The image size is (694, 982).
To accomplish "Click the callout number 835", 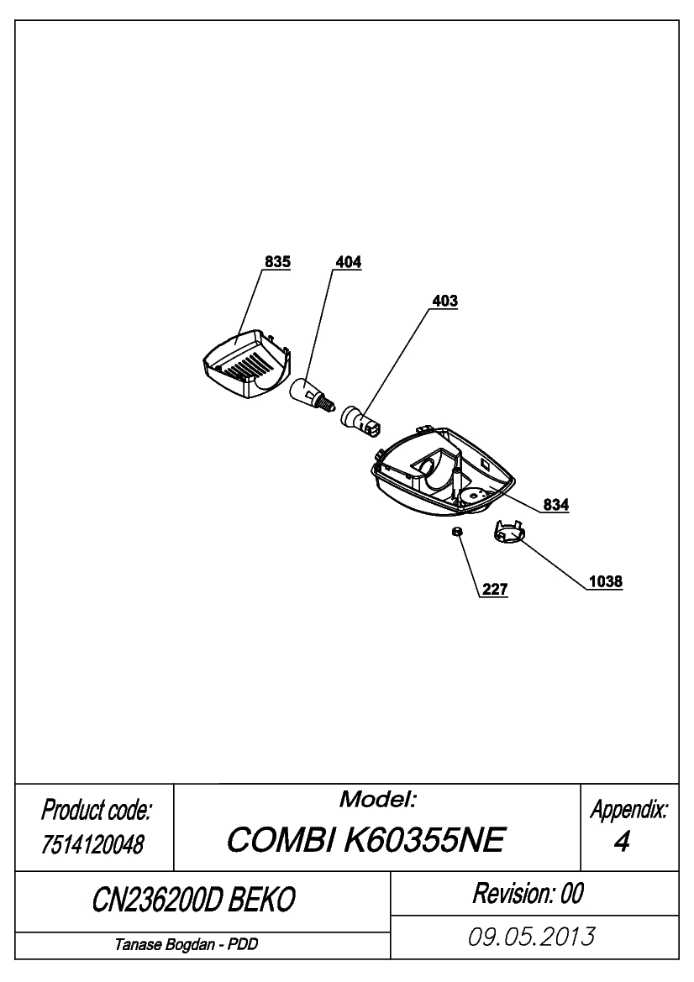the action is point(277,262).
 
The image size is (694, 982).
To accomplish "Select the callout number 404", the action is point(348,262).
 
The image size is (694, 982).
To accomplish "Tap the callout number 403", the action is point(444,302).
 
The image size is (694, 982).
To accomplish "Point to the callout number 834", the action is point(555,504).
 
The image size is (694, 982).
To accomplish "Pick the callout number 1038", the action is point(606,582).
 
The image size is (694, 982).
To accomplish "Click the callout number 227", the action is point(495,590).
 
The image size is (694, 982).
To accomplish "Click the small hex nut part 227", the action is point(457,531).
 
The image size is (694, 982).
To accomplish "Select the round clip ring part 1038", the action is point(508,533).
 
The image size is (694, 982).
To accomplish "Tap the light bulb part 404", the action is point(313,392).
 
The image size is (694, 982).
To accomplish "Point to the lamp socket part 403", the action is point(360,420).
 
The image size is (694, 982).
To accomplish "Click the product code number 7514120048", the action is point(92,845).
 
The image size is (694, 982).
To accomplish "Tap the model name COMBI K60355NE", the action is point(365,840).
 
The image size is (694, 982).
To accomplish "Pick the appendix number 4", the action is point(622,843).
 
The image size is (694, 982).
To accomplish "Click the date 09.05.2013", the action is point(532,937).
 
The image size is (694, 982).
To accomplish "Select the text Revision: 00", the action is point(528,894).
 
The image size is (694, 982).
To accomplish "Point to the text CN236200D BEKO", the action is point(193,901).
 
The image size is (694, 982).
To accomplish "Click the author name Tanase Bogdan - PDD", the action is point(186,944).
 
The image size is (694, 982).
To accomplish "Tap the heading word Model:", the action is point(378,799).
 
